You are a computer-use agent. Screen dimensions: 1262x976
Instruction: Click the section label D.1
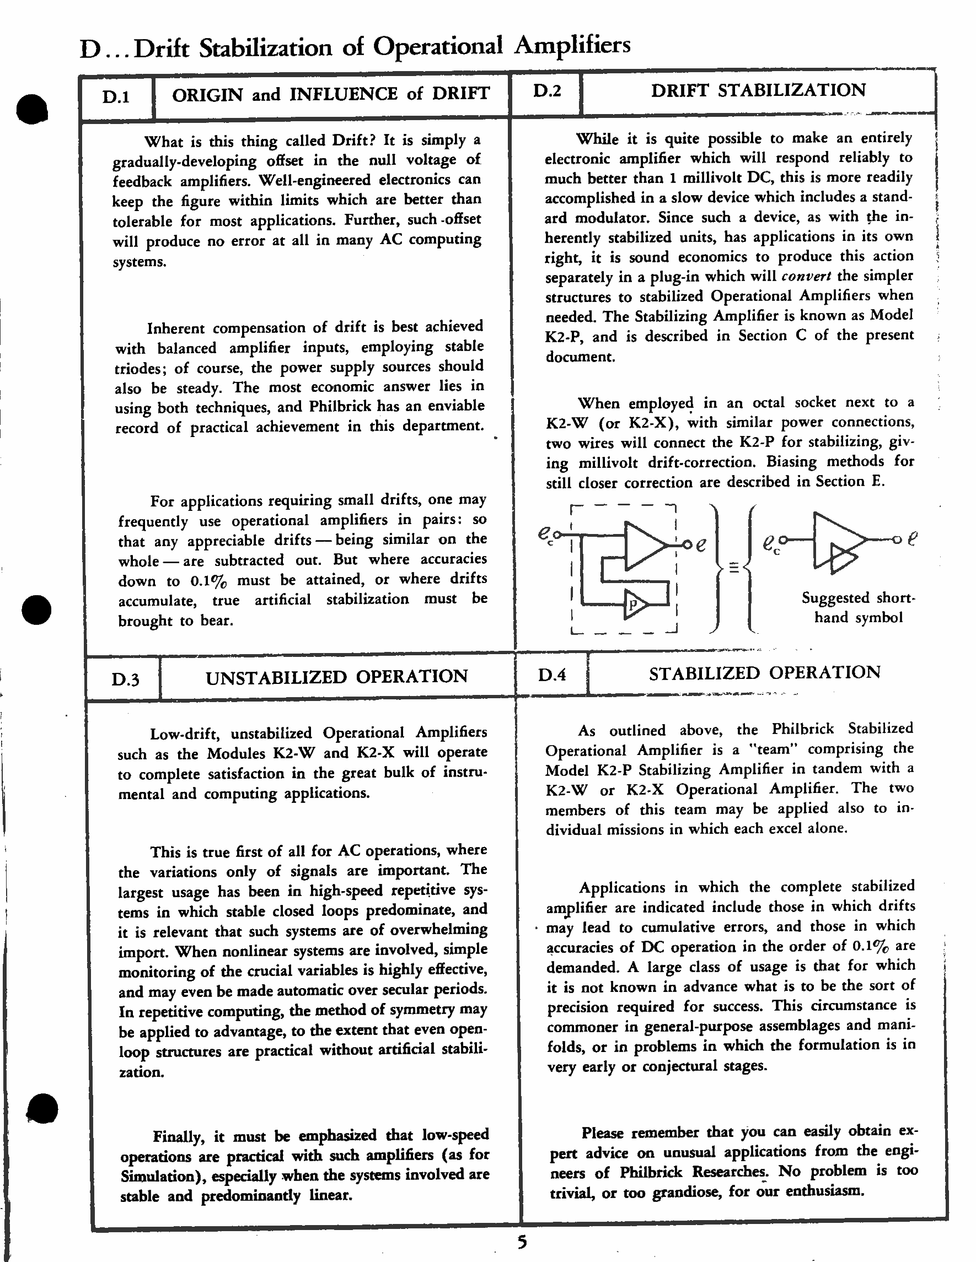click(x=116, y=97)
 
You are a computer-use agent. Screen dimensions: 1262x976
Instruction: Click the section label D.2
click(x=546, y=91)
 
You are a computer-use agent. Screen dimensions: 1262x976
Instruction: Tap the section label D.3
click(x=125, y=679)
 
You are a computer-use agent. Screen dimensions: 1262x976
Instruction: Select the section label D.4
click(x=551, y=675)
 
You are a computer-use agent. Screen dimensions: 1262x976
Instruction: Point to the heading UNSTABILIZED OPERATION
click(x=336, y=677)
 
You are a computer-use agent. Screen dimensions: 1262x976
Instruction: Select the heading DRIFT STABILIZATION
click(x=758, y=90)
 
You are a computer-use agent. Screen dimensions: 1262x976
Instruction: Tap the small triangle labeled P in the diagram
click(x=635, y=605)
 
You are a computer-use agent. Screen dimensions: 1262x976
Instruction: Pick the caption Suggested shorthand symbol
click(x=858, y=607)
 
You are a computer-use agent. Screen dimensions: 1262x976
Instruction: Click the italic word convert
click(x=806, y=276)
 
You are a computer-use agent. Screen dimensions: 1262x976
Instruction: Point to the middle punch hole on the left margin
click(x=36, y=610)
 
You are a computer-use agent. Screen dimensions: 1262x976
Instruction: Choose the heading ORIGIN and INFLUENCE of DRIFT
click(x=331, y=94)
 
